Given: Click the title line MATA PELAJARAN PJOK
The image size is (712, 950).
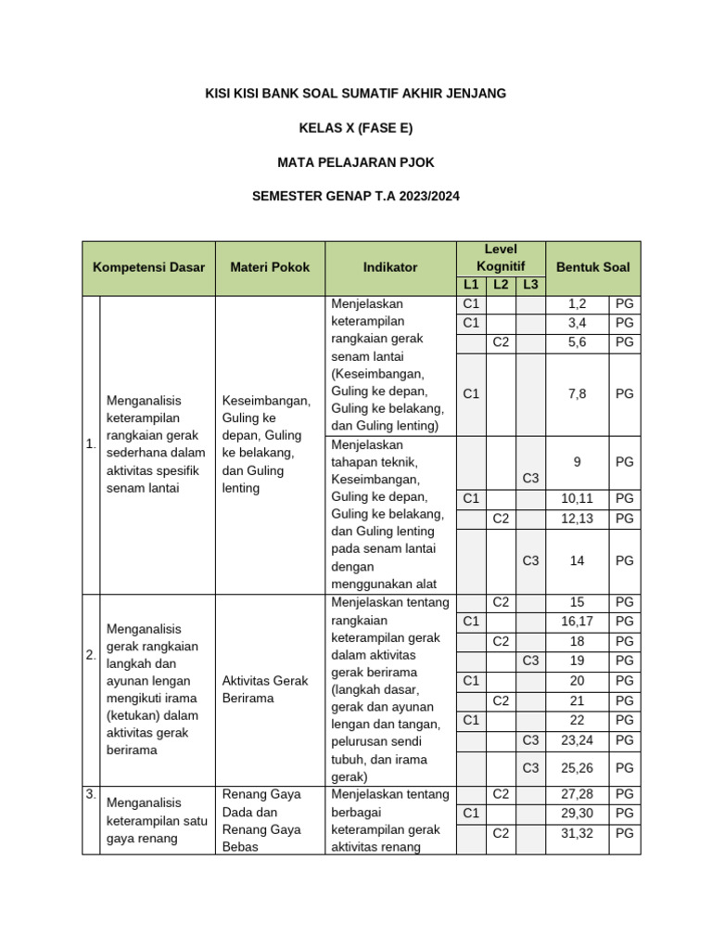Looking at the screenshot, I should click(x=356, y=162).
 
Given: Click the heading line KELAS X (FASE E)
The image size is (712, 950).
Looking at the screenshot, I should click(x=356, y=128).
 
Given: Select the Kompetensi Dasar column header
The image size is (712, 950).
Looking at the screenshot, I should click(x=148, y=267).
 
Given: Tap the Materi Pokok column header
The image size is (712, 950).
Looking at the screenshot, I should click(x=270, y=267).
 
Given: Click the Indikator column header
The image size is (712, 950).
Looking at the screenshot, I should click(x=390, y=267).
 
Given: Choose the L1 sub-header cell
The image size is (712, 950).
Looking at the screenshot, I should click(x=471, y=285).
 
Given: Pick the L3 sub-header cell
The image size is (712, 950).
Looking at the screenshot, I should click(x=530, y=285).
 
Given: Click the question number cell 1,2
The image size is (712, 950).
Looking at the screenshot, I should click(x=577, y=303).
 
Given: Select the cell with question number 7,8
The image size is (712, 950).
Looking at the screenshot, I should click(x=577, y=393).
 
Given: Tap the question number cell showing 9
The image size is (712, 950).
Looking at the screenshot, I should click(x=577, y=461).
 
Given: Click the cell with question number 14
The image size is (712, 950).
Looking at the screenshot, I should click(x=577, y=560).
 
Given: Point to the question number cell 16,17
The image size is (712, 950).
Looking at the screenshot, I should click(x=577, y=621).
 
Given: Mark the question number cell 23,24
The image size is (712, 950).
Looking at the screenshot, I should click(x=577, y=740).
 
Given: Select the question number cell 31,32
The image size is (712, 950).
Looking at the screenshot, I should click(x=577, y=833).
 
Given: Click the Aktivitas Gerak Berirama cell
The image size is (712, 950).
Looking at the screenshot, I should click(x=270, y=689).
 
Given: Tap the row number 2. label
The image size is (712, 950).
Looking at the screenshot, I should click(x=91, y=655).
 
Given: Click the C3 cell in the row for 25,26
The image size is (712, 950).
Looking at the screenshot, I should click(x=530, y=768).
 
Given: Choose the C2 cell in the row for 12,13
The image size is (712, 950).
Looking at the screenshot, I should click(x=501, y=519).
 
